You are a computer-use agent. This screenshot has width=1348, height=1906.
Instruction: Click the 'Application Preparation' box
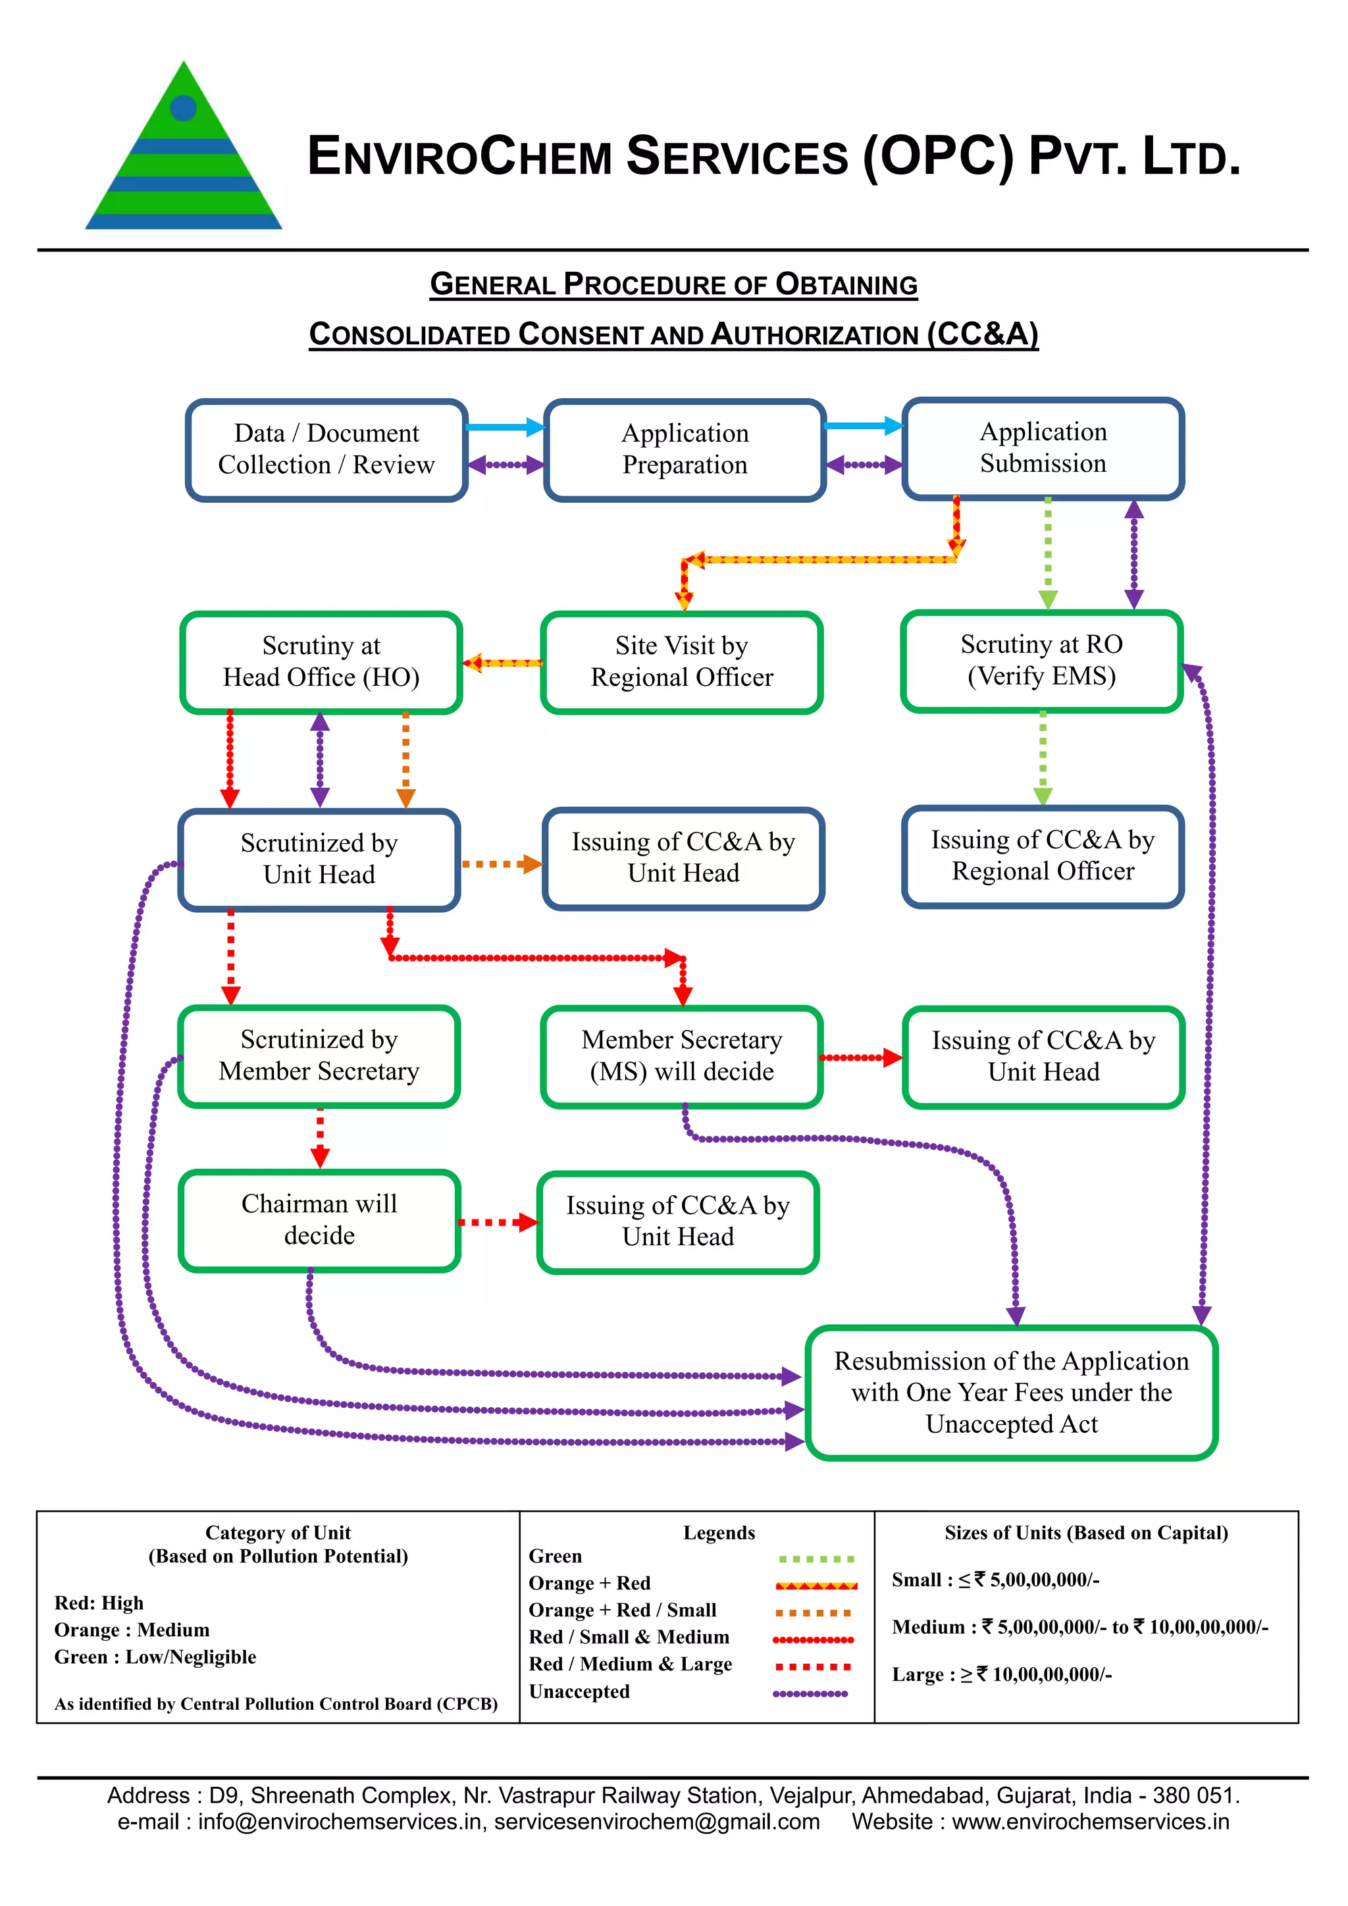click(x=685, y=449)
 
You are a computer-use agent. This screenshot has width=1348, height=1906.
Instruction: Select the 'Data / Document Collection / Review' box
click(x=326, y=449)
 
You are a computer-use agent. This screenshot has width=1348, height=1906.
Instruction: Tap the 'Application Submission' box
click(x=1043, y=448)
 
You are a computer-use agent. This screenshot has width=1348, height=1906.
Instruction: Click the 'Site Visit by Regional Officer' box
click(x=681, y=661)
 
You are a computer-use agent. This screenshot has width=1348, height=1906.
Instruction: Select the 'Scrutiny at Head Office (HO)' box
click(x=321, y=661)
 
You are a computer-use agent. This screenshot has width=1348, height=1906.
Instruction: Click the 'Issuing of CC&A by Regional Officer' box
click(x=1043, y=856)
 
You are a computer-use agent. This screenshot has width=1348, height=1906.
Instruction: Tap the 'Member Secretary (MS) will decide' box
click(x=681, y=1055)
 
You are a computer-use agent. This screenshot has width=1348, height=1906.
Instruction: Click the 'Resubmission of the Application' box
click(x=1011, y=1392)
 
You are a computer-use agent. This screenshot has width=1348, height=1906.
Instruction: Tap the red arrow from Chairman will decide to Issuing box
click(x=497, y=1222)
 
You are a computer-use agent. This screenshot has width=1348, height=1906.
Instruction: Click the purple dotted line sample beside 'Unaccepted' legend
click(x=810, y=1693)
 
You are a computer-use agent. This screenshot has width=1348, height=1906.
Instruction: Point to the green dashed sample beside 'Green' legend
click(x=817, y=1559)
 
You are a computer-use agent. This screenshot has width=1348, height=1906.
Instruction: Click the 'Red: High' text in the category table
click(x=99, y=1603)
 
